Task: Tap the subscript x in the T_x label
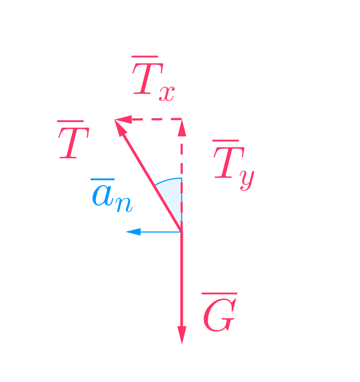pos(167,93)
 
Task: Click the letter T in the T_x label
pos(146,80)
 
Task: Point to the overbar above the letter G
pos(219,294)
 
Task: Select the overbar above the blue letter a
pos(102,180)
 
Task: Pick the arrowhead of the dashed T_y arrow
pos(182,128)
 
